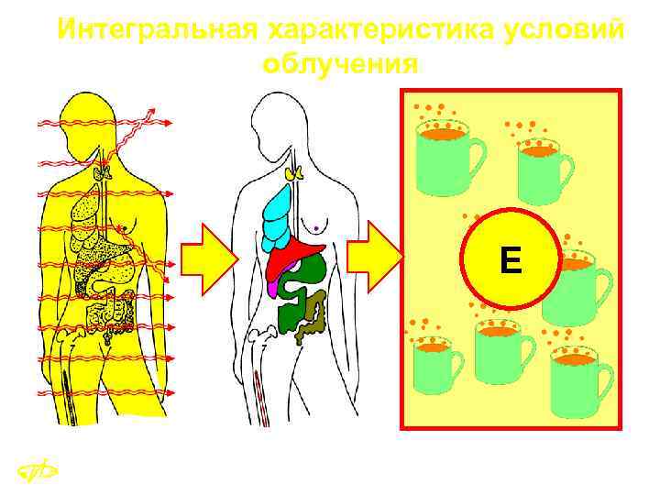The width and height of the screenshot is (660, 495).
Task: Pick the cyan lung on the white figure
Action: [276, 217]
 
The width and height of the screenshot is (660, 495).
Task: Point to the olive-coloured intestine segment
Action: [316, 316]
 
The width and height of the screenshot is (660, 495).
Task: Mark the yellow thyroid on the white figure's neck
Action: [295, 170]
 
